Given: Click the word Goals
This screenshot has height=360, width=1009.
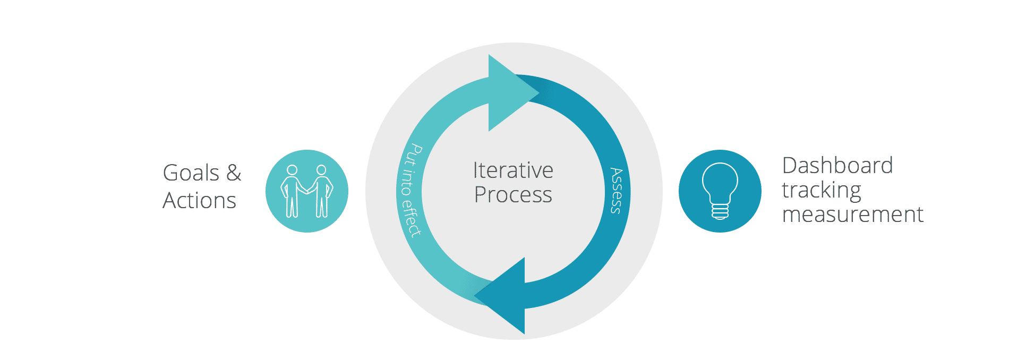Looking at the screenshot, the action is coord(191,173).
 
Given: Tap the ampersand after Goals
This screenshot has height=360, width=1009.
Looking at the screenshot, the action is coord(234,173).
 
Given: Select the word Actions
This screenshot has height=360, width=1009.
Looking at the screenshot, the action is coord(200,201).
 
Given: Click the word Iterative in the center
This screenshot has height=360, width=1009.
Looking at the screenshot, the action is coord(513,170).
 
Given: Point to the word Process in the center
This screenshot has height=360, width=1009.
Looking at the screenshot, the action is coord(513,195).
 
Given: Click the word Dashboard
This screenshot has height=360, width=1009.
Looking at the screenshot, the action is coord(837,165).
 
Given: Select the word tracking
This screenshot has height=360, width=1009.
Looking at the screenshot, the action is coord(822,191).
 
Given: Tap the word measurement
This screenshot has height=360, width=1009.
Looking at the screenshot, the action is coord(853,215).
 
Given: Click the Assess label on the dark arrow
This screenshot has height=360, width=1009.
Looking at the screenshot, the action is coord(616,191).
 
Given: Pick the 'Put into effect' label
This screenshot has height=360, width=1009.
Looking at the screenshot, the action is coord(410,190).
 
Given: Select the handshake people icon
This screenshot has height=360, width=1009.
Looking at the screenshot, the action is coord(307,191).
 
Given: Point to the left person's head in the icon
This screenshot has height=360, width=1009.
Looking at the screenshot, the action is coord(292,170).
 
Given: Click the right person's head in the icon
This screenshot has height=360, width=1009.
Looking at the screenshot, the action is coord(321,170).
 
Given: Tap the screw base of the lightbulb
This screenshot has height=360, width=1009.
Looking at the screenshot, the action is coord(720,212).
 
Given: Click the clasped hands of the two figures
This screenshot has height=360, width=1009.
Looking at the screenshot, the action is coord(307,191).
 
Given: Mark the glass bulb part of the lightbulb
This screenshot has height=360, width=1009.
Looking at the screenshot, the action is coord(720,182).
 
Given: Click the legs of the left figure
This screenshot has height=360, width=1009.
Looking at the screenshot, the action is coord(292,207).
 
